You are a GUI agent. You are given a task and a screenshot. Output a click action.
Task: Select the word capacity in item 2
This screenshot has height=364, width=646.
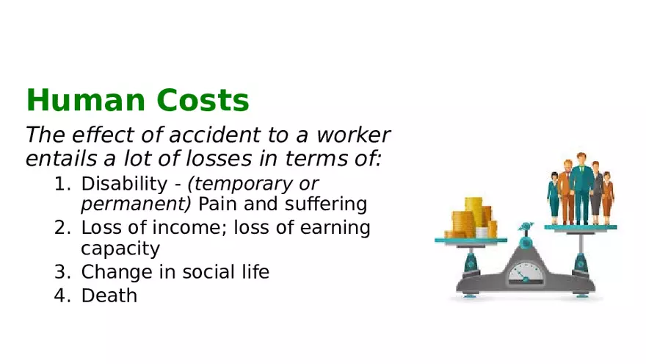[120, 249]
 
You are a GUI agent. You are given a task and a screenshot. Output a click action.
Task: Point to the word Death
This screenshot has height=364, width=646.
[109, 296]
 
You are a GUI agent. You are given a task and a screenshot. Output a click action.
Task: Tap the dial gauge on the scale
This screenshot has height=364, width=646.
[526, 274]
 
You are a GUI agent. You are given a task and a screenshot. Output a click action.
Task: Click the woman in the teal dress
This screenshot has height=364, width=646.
[554, 197]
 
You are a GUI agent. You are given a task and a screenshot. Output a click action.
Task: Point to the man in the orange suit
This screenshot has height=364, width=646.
[565, 193]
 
